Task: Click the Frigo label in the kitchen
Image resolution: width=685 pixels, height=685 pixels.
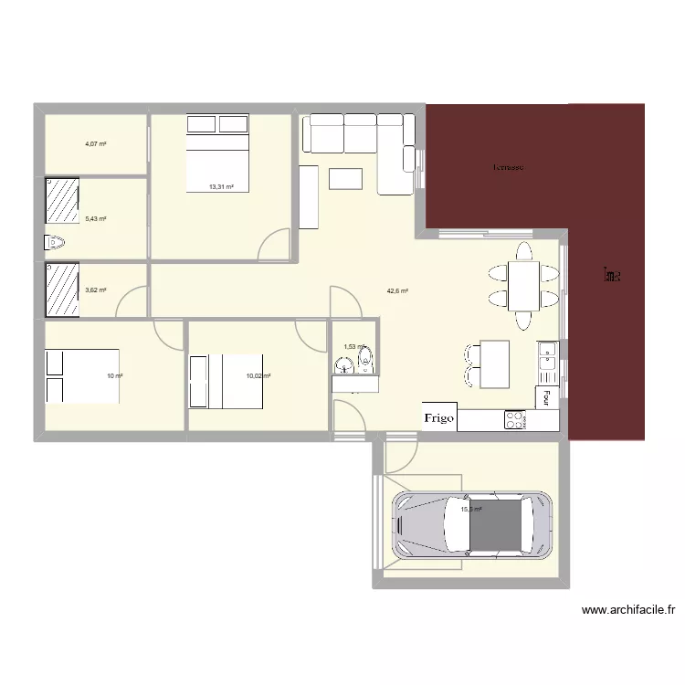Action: (439, 417)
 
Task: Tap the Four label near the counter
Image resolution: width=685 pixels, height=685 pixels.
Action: (546, 398)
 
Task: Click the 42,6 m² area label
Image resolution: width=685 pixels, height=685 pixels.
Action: (397, 291)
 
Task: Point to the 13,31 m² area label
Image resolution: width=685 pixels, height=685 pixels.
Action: (221, 187)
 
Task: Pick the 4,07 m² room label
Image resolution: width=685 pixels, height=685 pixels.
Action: (96, 143)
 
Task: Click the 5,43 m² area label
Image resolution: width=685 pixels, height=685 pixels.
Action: (96, 219)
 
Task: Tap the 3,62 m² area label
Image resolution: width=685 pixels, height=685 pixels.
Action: (96, 290)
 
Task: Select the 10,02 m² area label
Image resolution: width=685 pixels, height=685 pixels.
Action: (258, 375)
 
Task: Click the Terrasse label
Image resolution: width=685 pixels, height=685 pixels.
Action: (508, 167)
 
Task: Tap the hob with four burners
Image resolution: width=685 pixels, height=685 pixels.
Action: (515, 420)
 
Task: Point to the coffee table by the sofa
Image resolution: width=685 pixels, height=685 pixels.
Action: (345, 177)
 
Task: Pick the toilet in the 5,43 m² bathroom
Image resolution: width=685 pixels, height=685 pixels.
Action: (56, 242)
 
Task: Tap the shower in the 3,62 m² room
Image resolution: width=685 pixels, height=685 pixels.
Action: (62, 290)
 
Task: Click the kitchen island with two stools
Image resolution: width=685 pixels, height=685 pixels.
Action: (494, 363)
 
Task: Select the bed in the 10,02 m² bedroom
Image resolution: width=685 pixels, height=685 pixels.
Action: (227, 382)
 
